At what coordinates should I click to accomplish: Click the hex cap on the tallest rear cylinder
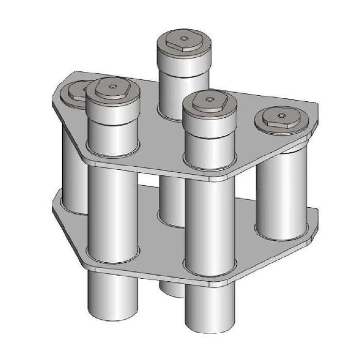tap(184, 41)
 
